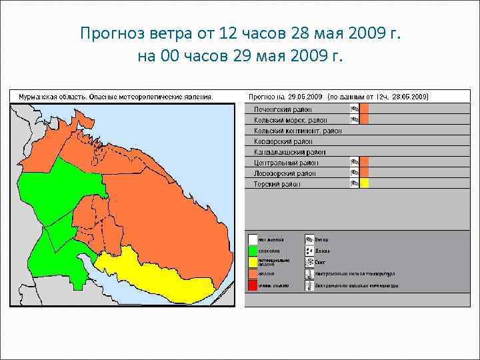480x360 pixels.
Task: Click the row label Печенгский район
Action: coord(283,109)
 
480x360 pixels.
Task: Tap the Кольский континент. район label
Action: coord(297,131)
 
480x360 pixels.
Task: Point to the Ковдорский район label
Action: coord(283,141)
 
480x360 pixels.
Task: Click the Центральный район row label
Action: coord(286,163)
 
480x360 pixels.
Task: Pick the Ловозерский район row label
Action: coord(285,173)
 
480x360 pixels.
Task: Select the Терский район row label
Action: coord(277,184)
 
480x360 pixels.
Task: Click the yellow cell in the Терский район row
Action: coord(364,183)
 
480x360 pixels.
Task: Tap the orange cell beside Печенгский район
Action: coord(364,109)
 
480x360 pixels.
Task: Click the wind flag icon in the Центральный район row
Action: coord(355,162)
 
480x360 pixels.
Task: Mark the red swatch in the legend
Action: coord(253,285)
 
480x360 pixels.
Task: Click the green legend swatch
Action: coord(253,251)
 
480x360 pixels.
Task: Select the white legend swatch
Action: coord(253,239)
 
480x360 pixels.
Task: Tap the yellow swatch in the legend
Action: coord(253,263)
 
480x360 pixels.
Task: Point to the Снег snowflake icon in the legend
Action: coord(309,263)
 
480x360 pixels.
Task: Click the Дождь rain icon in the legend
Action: coord(309,251)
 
